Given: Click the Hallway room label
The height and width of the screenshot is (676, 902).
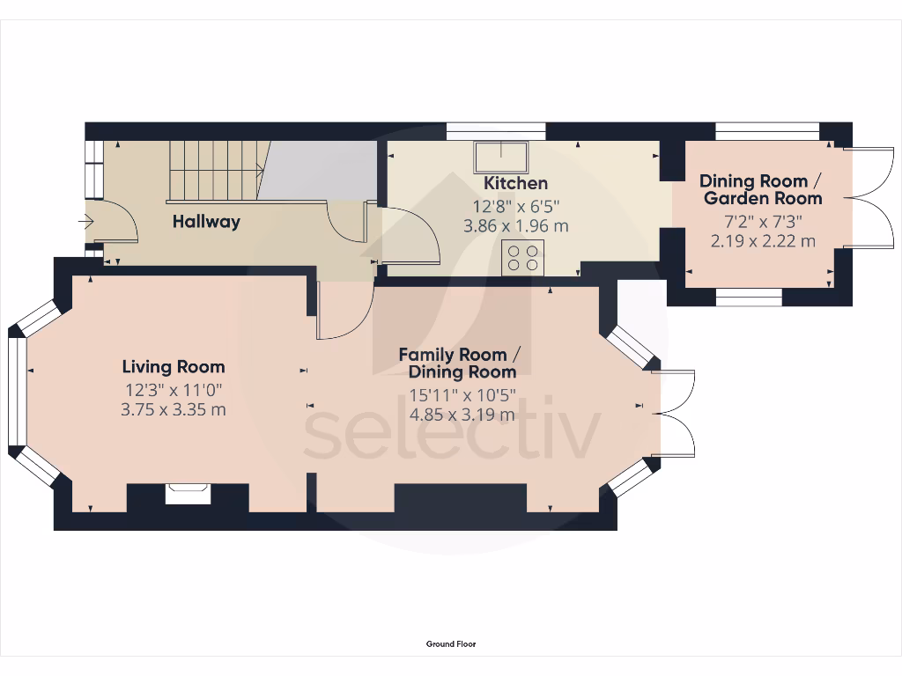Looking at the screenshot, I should coord(206,222).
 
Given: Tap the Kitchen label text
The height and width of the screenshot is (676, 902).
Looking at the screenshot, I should coord(516,183).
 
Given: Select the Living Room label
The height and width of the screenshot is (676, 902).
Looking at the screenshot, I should coord(174,367).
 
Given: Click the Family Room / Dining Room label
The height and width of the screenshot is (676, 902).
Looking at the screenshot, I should coord(459,363).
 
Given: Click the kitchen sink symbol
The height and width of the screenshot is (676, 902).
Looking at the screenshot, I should coord(501,158).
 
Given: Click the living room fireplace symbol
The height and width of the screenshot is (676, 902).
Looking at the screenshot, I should coord(189,493).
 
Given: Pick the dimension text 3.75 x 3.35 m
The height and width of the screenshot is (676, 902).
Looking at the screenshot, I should coord(174,408).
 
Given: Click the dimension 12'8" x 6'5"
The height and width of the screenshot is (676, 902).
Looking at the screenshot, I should coord(516,206).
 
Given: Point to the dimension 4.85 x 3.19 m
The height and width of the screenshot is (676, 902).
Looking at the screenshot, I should coord(462,415).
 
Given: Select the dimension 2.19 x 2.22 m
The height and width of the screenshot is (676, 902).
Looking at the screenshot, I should coord(762,240).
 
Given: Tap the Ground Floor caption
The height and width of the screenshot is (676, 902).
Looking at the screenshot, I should coord(451,644).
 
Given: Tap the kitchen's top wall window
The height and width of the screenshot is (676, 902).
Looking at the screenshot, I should coord(495,131).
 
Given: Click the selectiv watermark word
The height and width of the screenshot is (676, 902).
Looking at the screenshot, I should coord(452,434).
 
